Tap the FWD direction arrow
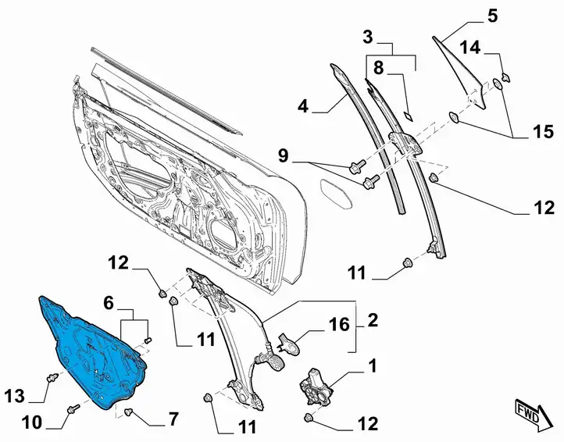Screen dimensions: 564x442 [x=533, y=414]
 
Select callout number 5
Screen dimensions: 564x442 [x=492, y=16]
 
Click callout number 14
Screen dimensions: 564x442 [x=470, y=47]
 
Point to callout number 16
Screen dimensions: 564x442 [x=340, y=324]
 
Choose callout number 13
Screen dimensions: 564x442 [x=14, y=397]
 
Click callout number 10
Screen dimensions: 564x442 [x=32, y=422]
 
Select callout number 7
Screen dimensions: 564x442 [x=173, y=419]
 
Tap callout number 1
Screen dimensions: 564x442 [x=373, y=365]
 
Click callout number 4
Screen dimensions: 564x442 [x=303, y=106]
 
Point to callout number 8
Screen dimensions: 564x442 [x=378, y=67]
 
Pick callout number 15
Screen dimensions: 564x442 [x=544, y=132]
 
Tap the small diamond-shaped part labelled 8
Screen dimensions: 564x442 [x=409, y=116]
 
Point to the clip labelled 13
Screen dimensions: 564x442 [x=53, y=378]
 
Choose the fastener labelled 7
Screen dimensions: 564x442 [x=128, y=412]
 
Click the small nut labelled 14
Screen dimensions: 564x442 [x=505, y=77]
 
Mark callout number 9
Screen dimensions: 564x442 [x=284, y=155]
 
